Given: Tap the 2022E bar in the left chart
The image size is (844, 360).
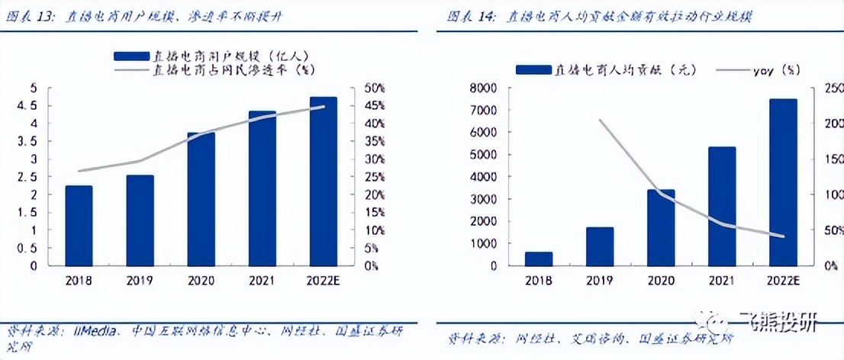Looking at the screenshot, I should coord(324,182).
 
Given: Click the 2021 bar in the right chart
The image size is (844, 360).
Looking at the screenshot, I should coord(722,206).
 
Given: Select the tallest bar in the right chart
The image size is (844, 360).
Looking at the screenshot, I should coord(783,182).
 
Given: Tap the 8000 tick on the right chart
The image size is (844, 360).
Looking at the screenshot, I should coord(485,88).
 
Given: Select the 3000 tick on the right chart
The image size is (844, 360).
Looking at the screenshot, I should coord(485,199).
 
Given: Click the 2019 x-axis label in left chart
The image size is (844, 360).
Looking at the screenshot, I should coord(140,281).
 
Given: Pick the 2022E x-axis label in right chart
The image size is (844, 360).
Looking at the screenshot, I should coord(783,281).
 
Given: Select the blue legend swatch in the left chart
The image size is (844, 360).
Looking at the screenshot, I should coord(130,56).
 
